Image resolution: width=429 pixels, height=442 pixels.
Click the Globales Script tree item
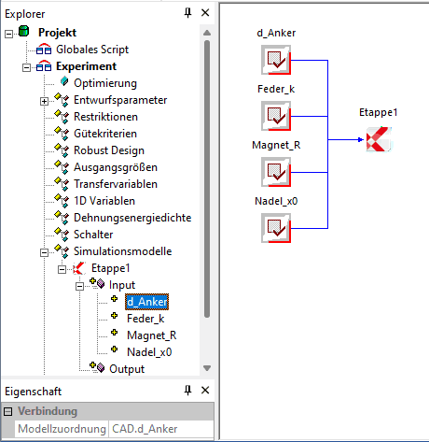(92, 50)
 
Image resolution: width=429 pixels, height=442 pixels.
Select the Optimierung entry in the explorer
(105, 83)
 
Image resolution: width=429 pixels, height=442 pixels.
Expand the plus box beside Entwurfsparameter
(44, 101)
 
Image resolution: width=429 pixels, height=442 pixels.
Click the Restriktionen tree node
(105, 117)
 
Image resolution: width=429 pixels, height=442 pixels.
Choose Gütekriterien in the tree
(105, 134)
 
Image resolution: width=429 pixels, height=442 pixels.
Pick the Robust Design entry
(109, 150)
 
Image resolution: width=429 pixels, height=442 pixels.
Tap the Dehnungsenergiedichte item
(132, 218)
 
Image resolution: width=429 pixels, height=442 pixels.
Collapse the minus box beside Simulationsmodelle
(44, 252)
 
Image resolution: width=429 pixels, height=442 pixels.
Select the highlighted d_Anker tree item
(146, 302)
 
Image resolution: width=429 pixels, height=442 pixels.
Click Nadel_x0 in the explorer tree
(149, 352)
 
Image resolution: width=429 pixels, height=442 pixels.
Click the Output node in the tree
(127, 369)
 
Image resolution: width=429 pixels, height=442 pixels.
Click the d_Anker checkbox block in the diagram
(276, 60)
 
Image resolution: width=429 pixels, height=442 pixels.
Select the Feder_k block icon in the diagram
(276, 116)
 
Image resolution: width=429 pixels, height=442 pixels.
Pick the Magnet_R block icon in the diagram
(276, 172)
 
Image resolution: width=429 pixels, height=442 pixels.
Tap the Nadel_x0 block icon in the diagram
(276, 228)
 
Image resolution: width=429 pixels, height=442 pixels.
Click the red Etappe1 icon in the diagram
(379, 139)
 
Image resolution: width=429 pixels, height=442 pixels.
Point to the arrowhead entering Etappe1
(361, 139)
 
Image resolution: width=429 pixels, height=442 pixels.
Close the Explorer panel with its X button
(205, 13)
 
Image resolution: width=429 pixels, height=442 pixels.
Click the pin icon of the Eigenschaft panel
(187, 390)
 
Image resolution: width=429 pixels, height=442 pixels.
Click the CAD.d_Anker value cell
(161, 429)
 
